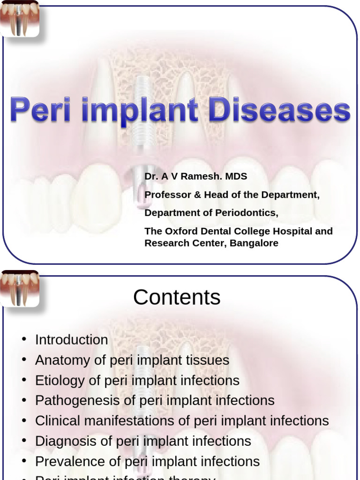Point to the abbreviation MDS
pos(236,176)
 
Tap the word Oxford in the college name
pos(180,231)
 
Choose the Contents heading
pos(177,297)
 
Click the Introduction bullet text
pos(71,340)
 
